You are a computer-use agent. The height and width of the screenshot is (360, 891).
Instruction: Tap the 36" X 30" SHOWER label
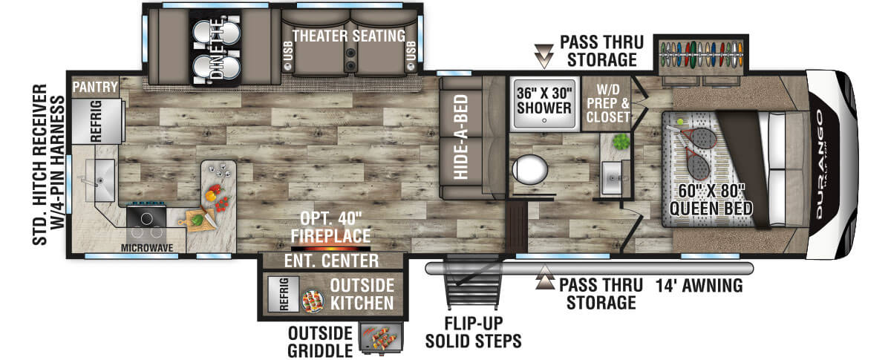544,101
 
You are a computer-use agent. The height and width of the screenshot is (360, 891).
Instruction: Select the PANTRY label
95,87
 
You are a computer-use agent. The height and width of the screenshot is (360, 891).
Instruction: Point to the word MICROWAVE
147,248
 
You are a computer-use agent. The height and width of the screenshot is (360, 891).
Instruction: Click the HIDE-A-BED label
460,137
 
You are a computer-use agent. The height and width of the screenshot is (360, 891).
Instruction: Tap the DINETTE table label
217,48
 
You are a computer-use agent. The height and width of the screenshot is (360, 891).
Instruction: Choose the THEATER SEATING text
349,36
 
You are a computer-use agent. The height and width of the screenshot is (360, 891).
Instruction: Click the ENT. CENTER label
331,261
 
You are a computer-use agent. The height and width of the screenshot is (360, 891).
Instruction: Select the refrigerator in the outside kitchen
283,294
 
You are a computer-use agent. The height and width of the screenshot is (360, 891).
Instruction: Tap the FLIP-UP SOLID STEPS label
474,332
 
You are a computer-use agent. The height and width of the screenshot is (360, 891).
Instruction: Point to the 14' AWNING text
699,286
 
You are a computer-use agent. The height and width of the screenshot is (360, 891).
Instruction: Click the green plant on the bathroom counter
621,141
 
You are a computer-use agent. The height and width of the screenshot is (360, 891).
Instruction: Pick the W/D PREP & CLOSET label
608,103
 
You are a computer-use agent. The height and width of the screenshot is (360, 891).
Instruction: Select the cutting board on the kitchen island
198,220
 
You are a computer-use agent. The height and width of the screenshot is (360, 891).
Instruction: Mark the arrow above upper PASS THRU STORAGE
544,56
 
